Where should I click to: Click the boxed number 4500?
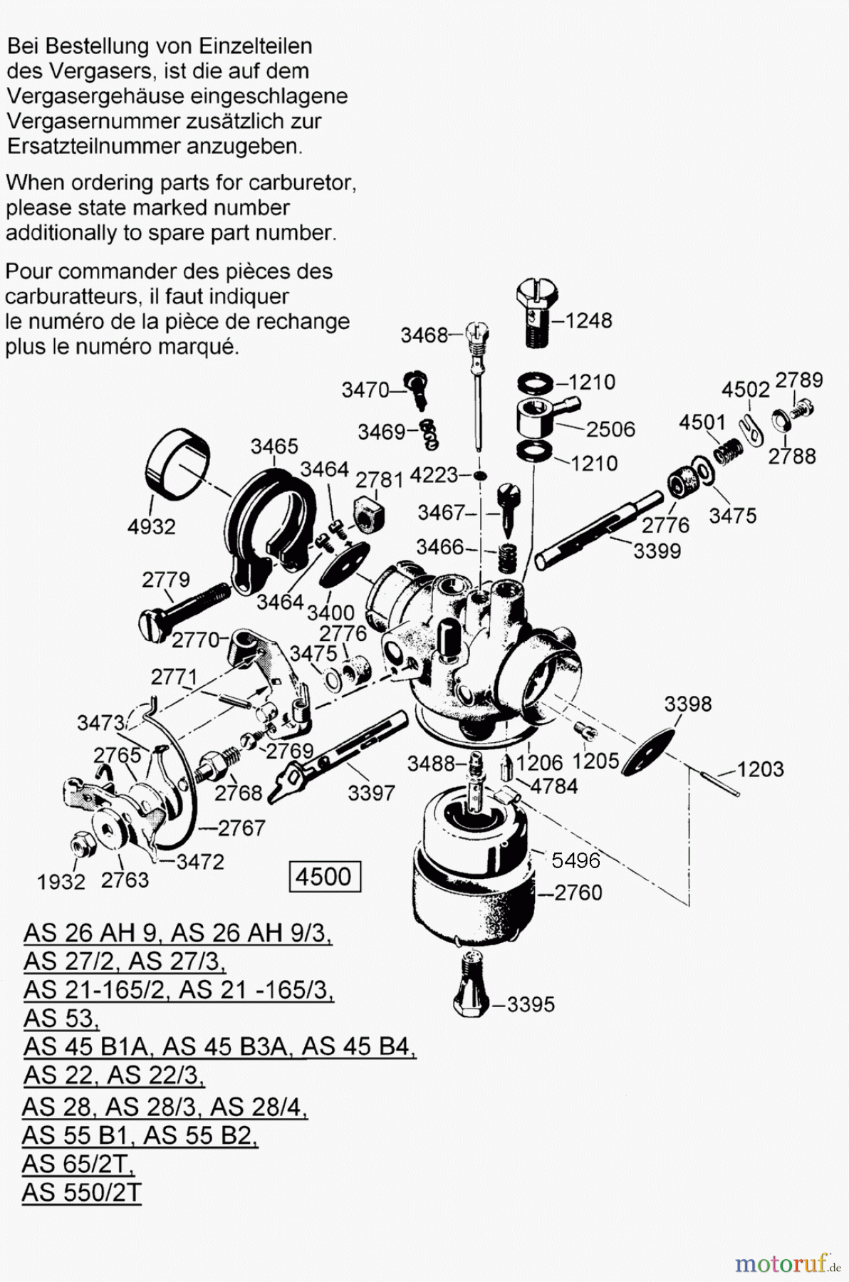click(324, 877)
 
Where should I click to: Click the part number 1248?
click(588, 320)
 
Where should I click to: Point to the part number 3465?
click(274, 447)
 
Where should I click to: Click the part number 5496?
click(575, 860)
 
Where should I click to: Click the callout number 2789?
click(798, 380)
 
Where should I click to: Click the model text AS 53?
click(61, 1018)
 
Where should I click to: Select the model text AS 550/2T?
click(82, 1192)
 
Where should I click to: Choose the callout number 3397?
click(371, 793)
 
